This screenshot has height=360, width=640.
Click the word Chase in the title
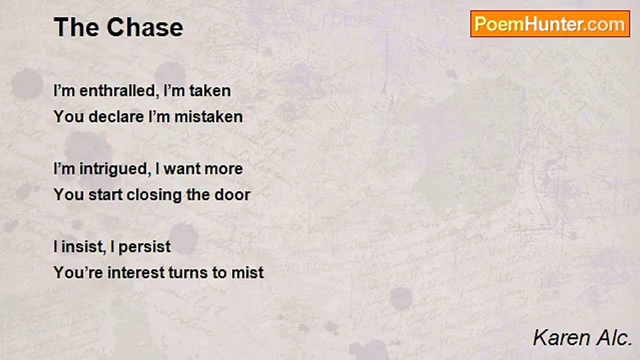point(145,27)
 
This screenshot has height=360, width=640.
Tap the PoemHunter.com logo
point(550,24)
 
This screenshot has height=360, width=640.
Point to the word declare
point(116,117)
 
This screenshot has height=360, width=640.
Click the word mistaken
point(208,117)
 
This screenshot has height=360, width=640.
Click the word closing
point(154,195)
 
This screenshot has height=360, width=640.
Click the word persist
point(144,247)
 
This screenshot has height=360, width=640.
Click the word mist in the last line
point(247,272)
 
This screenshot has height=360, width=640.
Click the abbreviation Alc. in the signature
point(614,338)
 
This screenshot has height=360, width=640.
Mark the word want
point(181,169)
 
